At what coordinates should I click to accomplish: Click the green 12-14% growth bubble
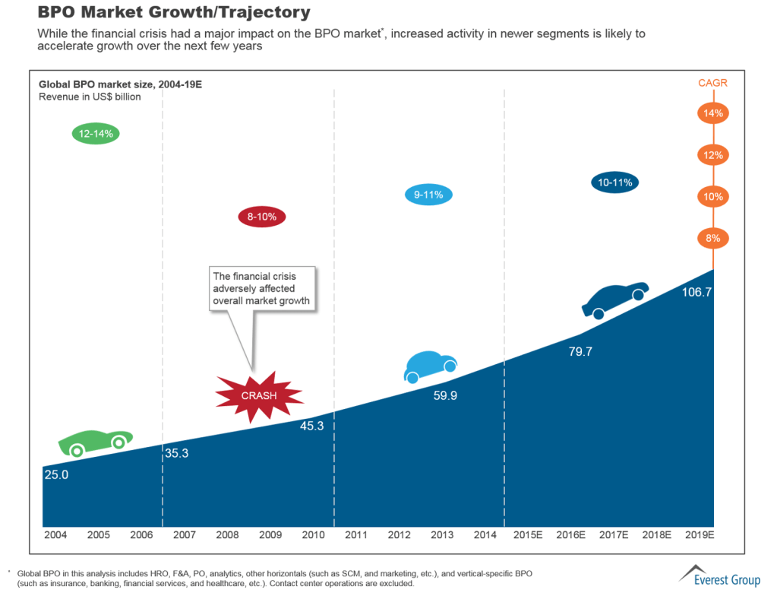96,134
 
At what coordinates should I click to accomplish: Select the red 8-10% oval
261,217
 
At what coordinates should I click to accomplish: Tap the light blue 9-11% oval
428,195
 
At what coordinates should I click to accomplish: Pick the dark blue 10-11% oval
615,182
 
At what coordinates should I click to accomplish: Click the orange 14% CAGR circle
713,113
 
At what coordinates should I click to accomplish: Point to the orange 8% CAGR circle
713,238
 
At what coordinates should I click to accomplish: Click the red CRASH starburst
259,395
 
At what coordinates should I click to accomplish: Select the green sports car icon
95,442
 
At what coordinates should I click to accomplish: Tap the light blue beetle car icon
430,366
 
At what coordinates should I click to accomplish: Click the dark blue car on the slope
615,300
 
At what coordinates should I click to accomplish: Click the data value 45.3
311,426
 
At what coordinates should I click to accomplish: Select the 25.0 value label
56,474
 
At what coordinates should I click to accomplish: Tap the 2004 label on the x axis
55,535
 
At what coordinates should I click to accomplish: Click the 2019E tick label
701,535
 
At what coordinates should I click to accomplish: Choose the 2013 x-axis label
442,535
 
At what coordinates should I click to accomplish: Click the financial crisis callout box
263,289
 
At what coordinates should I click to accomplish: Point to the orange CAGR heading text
713,83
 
